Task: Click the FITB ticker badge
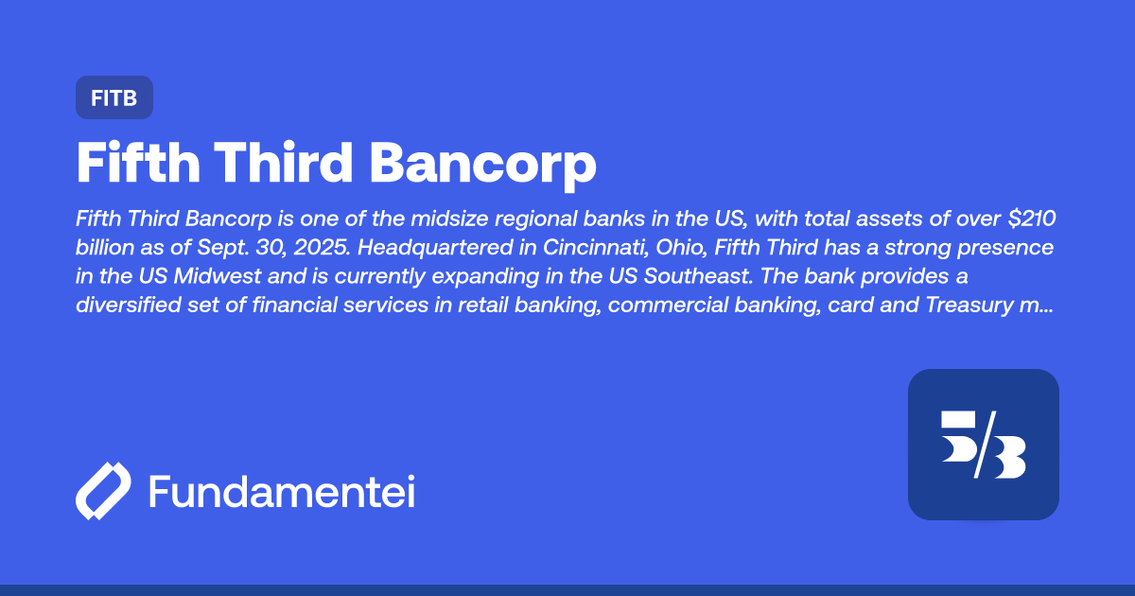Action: tap(113, 97)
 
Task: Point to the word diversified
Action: tap(136, 306)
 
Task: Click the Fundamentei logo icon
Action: tap(102, 492)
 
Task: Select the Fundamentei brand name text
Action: tap(282, 492)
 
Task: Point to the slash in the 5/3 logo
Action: tap(983, 445)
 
